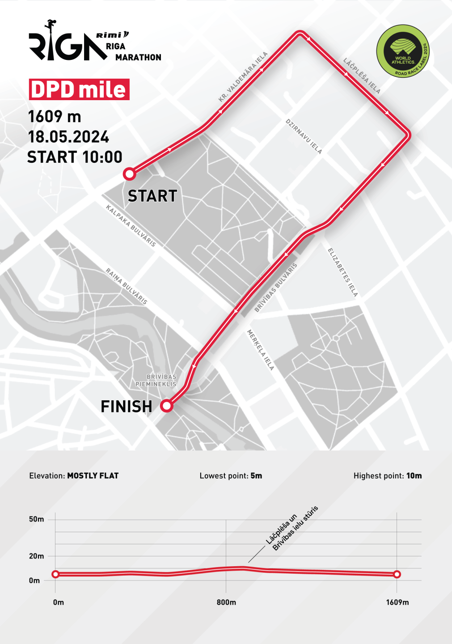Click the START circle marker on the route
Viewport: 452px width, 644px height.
(x=129, y=174)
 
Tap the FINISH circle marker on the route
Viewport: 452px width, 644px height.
(x=167, y=406)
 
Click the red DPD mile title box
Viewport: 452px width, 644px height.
(x=79, y=89)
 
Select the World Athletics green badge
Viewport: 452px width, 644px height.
(x=403, y=51)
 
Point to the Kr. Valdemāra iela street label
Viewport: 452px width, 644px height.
(x=243, y=77)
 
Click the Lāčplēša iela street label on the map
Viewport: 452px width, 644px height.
(x=362, y=76)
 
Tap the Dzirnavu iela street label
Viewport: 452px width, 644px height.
(x=304, y=136)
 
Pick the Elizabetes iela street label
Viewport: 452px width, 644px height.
(x=343, y=272)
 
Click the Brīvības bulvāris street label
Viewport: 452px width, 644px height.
(x=276, y=288)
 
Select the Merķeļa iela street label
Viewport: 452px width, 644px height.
(x=261, y=350)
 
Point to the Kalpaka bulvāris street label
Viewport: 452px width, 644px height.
(x=131, y=225)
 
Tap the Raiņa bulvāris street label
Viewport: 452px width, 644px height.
(x=127, y=286)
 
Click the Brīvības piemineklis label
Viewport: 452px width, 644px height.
(x=156, y=381)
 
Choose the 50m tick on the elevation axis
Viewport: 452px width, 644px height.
(x=37, y=519)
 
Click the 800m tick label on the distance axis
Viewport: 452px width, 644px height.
(x=226, y=602)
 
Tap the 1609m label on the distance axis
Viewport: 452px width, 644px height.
(x=397, y=602)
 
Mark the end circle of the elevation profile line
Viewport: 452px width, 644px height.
(x=397, y=574)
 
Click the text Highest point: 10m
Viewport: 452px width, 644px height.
(x=388, y=476)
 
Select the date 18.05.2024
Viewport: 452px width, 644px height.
(x=68, y=137)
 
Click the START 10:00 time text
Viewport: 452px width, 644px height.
(x=75, y=157)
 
